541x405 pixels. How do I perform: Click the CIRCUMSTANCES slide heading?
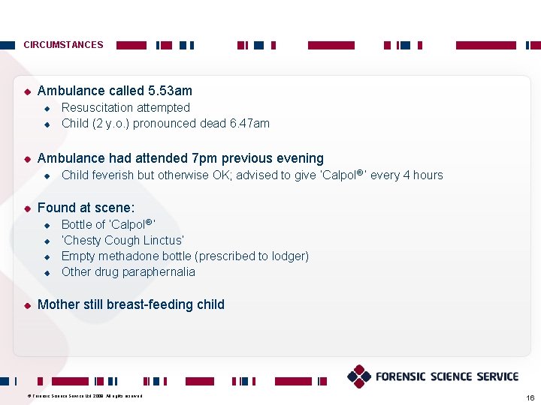point(63,45)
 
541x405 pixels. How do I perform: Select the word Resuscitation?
point(95,108)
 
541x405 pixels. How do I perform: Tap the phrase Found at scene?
point(86,208)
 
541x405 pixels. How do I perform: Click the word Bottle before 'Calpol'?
point(77,224)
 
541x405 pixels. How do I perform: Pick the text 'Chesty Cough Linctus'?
point(122,241)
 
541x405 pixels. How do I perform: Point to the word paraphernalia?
point(159,272)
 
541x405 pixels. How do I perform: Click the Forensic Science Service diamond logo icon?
point(358,376)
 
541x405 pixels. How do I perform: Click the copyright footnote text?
point(84,395)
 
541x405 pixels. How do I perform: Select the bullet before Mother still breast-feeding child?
point(26,305)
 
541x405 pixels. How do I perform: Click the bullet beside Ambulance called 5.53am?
point(26,91)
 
